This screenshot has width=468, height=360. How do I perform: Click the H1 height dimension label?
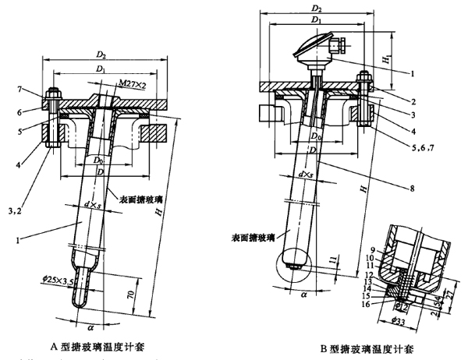(386, 57)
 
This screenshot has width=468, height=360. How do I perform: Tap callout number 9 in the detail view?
(374, 249)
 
